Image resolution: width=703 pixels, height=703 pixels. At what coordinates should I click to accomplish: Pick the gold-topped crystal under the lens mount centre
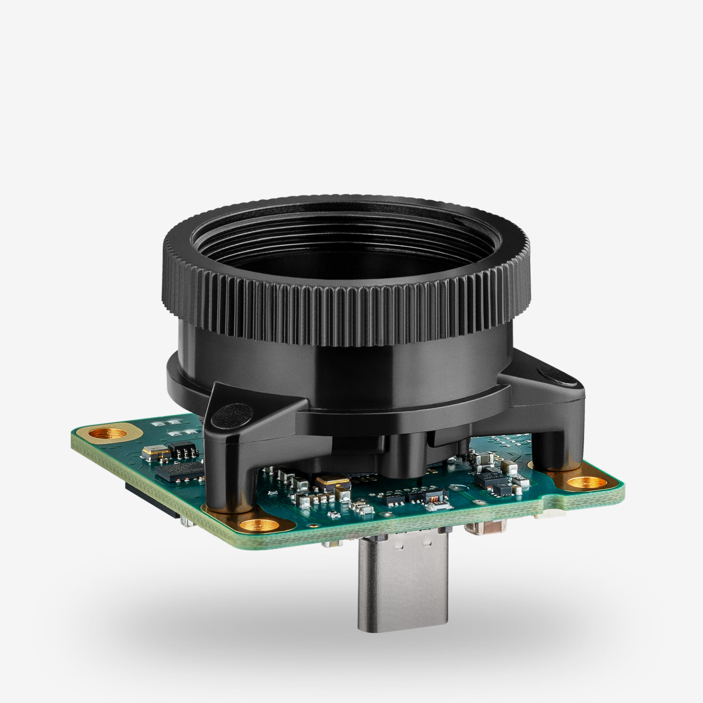(x=332, y=482)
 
